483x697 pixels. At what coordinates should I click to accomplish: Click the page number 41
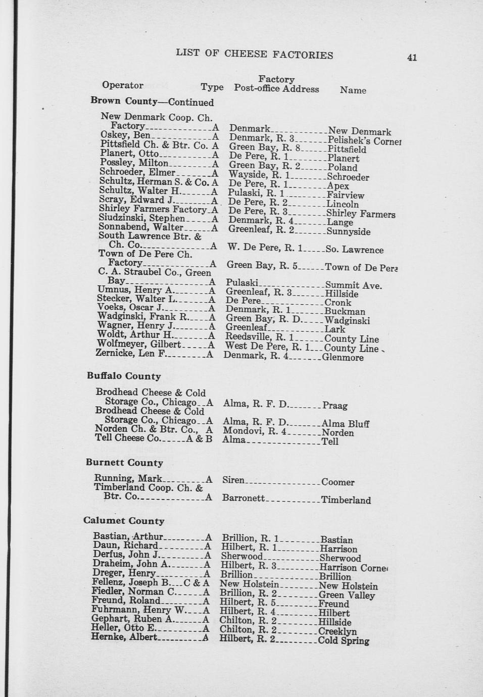412,58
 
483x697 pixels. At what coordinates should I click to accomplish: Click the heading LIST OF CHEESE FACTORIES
254,55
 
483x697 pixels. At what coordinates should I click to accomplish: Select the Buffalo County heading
124,376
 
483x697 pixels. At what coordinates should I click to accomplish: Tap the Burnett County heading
124,463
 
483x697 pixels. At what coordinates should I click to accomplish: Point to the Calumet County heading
124,521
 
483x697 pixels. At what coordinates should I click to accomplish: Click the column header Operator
123,85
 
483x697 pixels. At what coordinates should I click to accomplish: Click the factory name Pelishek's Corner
364,141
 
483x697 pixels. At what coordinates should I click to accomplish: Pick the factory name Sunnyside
348,232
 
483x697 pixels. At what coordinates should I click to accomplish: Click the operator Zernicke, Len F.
131,353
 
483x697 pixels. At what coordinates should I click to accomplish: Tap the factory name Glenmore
343,358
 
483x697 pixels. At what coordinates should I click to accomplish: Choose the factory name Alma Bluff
345,424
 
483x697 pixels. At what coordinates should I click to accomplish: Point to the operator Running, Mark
128,478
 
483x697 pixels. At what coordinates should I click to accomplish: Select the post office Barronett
243,498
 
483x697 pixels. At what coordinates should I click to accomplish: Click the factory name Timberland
346,500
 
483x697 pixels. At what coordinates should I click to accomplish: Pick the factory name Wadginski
347,320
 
